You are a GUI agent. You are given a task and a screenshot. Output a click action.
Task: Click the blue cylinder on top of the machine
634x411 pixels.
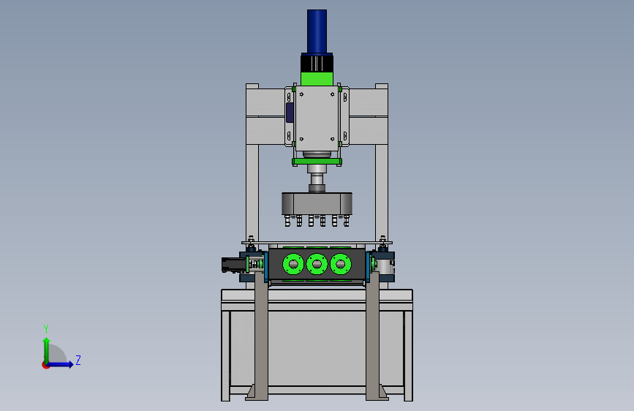click(x=317, y=31)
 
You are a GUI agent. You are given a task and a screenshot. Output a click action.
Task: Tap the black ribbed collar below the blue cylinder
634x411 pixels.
click(x=317, y=63)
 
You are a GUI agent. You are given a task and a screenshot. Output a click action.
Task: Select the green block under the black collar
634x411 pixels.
click(x=317, y=79)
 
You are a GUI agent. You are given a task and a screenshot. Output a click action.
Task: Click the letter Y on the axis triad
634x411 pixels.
click(x=46, y=328)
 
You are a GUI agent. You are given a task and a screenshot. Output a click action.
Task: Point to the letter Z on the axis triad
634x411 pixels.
click(x=78, y=360)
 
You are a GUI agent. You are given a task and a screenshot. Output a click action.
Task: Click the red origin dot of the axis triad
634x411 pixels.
click(x=45, y=365)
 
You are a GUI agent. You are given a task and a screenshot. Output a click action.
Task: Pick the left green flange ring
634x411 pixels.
click(x=293, y=264)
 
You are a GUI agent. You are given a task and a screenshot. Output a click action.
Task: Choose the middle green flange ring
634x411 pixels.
click(x=317, y=264)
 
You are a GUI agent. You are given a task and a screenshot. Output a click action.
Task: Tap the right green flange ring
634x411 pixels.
click(x=341, y=264)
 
